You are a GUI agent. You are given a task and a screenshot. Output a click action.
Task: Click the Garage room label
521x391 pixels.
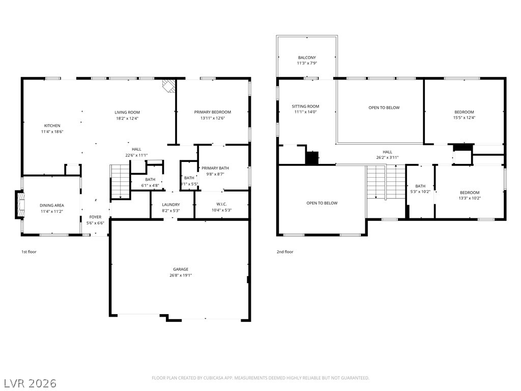click(181, 269)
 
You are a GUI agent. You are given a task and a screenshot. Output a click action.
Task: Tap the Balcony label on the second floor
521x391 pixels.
click(307, 58)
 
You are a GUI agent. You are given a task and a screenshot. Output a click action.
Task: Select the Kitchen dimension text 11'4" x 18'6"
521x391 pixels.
click(52, 132)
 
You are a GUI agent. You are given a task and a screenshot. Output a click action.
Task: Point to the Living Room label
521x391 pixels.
click(127, 113)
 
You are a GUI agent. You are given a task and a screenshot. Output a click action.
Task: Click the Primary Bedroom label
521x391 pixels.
click(213, 112)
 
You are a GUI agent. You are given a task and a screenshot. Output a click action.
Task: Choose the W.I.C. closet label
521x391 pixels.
click(222, 204)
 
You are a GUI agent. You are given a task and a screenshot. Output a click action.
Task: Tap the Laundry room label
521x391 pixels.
click(171, 205)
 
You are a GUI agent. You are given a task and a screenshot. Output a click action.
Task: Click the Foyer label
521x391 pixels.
click(95, 217)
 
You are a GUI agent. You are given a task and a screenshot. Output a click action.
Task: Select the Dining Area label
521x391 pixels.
click(52, 206)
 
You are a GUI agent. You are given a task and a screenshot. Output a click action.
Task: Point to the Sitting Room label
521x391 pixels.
click(305, 106)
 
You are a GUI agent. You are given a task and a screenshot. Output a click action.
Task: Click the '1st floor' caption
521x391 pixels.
click(29, 252)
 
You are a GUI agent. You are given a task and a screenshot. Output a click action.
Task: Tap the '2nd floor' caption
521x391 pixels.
click(285, 252)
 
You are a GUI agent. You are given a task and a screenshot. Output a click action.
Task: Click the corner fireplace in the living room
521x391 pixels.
click(169, 86)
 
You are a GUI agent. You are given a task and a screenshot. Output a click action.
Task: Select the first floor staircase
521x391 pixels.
click(120, 181)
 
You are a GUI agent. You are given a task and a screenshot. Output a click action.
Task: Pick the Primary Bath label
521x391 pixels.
click(215, 168)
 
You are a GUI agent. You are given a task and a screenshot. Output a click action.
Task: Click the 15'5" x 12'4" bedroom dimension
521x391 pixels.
click(464, 118)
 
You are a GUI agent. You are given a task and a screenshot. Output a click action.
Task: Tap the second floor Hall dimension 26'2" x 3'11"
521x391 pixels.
click(387, 158)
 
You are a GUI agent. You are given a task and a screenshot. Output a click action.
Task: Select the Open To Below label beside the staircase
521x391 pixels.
click(322, 203)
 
